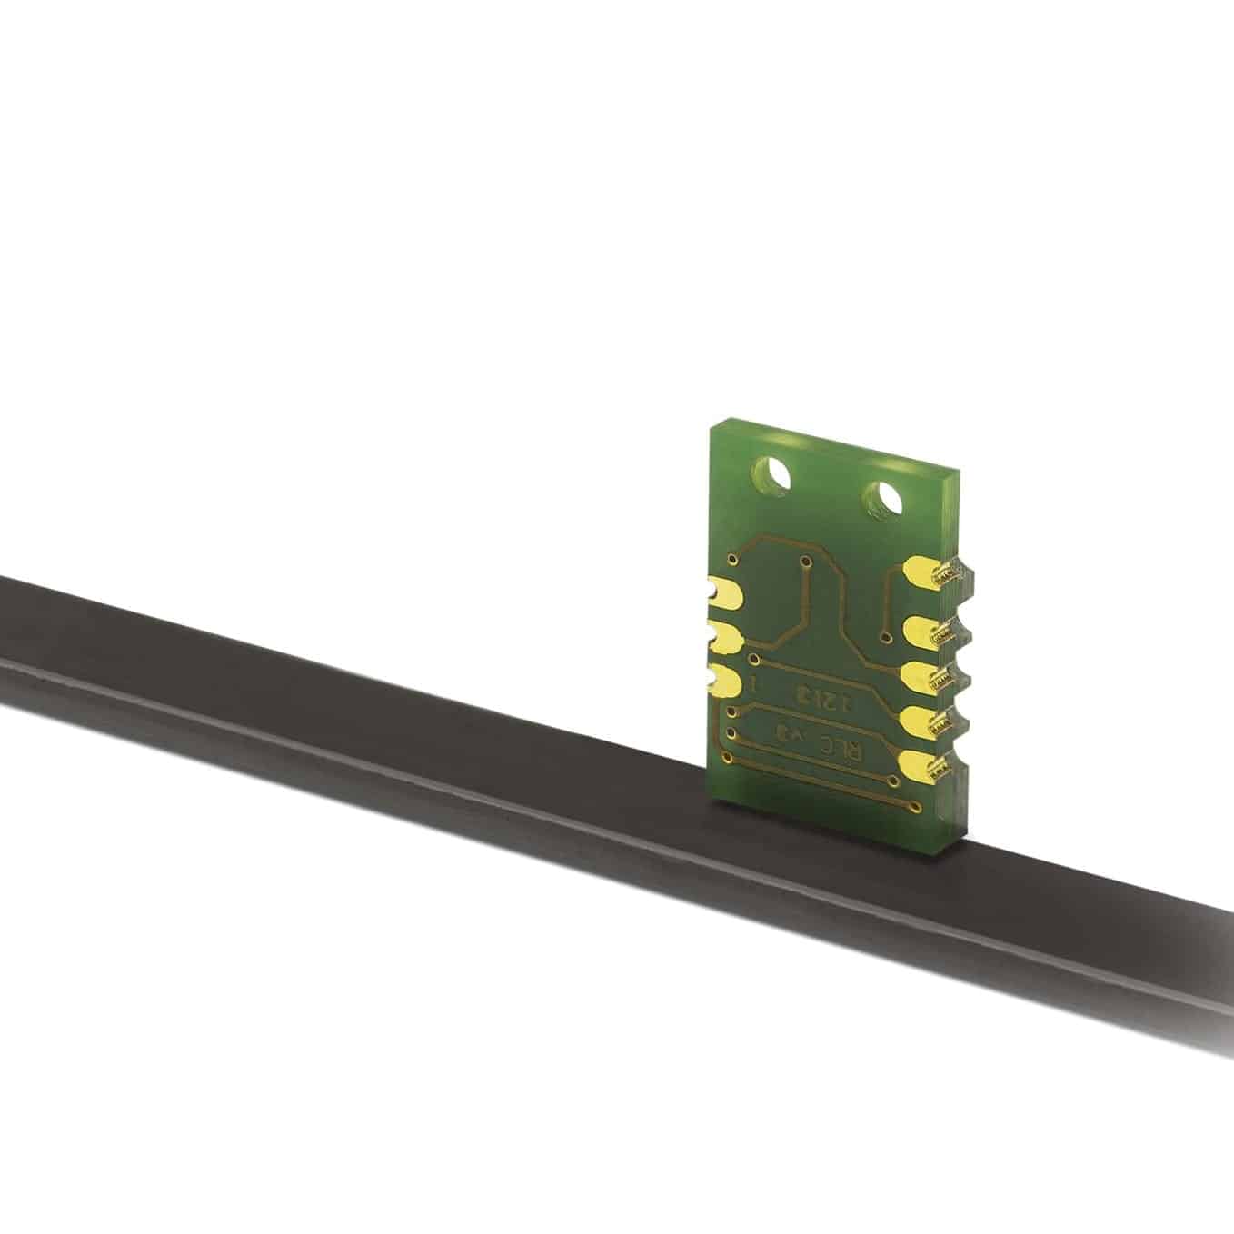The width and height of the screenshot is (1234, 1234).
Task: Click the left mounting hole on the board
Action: (771, 473)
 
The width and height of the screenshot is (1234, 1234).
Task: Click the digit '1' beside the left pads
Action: (752, 684)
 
